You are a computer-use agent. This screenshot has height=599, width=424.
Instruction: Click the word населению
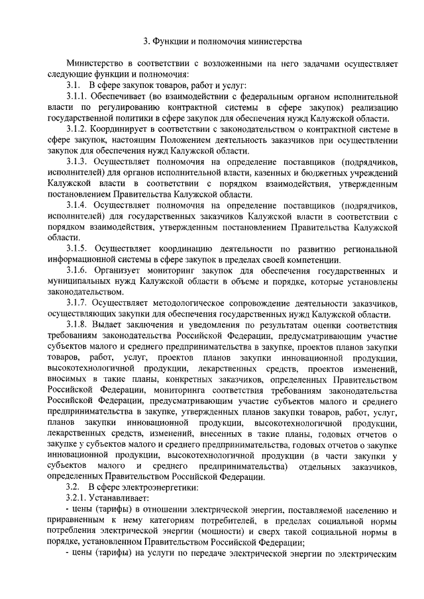pos(364,508)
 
